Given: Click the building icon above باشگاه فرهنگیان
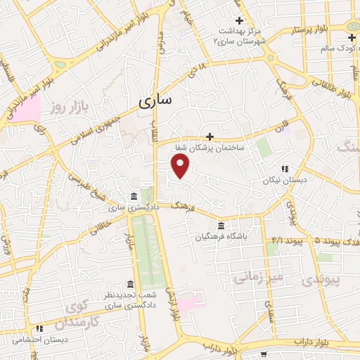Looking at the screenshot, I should tap(221, 225).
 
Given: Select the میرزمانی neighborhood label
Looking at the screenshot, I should tap(258, 277).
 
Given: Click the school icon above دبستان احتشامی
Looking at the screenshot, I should tap(40, 327).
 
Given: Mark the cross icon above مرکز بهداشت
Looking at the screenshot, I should tap(240, 20).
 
